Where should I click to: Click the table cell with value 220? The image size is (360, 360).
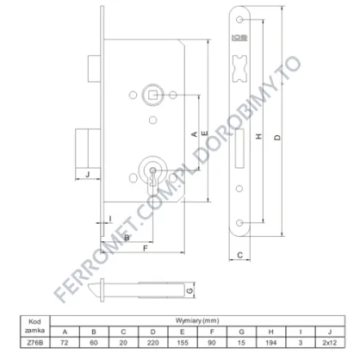(x=153, y=343)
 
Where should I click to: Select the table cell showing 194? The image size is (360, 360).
(x=270, y=343)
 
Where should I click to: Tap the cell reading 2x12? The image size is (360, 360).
(x=330, y=343)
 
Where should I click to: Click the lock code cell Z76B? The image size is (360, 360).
(x=34, y=343)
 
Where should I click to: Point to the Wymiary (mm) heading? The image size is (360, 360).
(x=197, y=320)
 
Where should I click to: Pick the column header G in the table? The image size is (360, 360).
(x=241, y=332)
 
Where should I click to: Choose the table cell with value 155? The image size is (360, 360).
(x=183, y=343)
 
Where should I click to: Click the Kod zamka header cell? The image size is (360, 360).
(x=34, y=326)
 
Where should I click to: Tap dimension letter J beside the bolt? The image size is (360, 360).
(x=88, y=174)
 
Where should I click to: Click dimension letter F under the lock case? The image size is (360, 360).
(x=146, y=248)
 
